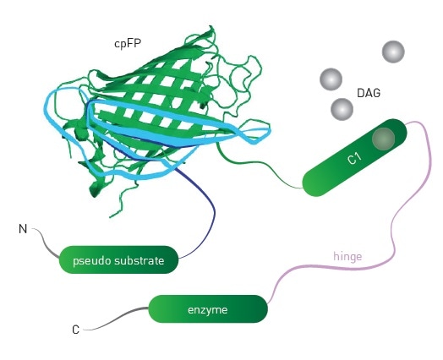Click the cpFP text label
[x=128, y=41]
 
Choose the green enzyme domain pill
[x=208, y=309]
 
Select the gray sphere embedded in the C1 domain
[x=383, y=138]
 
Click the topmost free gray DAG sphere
[x=393, y=52]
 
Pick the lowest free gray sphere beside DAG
[x=342, y=109]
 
